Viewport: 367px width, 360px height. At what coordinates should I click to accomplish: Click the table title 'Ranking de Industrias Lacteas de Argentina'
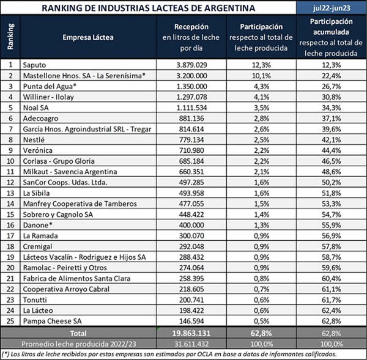(147, 9)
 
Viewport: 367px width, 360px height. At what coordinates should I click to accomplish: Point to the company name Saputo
(35, 64)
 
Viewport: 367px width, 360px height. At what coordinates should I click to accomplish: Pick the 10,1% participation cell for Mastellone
(264, 75)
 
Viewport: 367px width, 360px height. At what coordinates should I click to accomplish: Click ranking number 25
(10, 320)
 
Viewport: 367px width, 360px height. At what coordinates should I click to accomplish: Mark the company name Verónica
(38, 149)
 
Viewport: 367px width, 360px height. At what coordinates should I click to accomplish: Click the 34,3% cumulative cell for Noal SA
(330, 106)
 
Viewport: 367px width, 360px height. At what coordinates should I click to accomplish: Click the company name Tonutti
(35, 299)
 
